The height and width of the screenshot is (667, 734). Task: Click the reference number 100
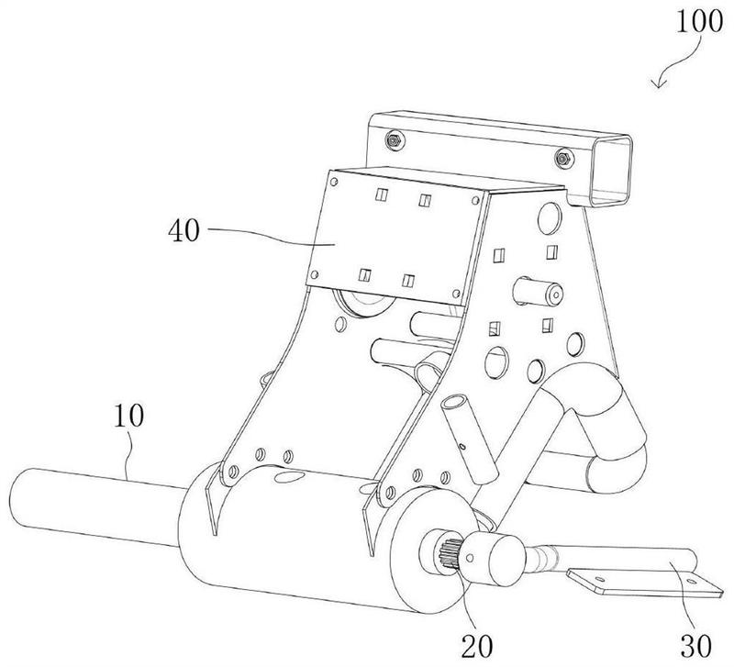point(699,21)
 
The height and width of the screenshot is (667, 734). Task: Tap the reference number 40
point(184,230)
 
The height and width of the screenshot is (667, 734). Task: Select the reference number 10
point(128,416)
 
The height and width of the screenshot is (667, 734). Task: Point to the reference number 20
point(477,647)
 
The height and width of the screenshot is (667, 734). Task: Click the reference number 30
point(695,647)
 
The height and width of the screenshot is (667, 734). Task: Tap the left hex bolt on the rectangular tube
point(395,140)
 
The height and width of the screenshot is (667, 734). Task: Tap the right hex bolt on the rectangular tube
point(563,159)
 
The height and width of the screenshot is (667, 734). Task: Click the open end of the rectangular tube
point(611,172)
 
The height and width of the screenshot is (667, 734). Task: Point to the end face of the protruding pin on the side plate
point(556,295)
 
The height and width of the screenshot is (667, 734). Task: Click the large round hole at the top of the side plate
point(550,217)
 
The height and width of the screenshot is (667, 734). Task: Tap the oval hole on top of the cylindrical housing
point(288,477)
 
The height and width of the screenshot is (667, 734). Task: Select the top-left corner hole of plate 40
point(334,182)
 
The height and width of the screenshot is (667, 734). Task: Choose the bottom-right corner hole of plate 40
point(456,294)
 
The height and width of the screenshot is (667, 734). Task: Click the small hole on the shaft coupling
point(470,558)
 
